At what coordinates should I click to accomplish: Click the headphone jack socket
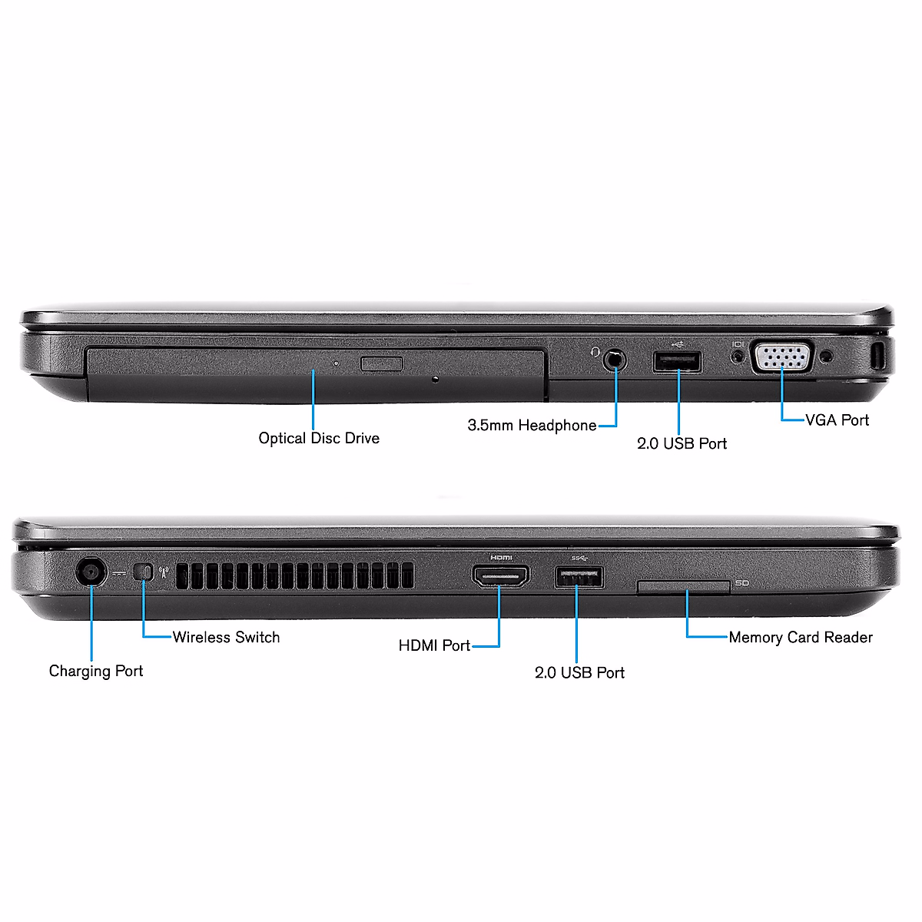click(x=614, y=359)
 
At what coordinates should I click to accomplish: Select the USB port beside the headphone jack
click(x=677, y=361)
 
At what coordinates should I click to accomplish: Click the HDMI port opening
click(x=500, y=576)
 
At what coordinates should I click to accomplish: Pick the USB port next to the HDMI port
click(x=579, y=577)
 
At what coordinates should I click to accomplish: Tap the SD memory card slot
click(x=683, y=588)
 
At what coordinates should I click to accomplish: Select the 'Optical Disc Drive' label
click(x=319, y=439)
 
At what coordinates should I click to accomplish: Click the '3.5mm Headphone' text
click(x=532, y=426)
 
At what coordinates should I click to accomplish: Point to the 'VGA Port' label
click(x=837, y=420)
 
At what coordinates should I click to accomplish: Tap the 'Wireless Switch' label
click(x=226, y=637)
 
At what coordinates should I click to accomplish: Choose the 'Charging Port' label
click(x=96, y=671)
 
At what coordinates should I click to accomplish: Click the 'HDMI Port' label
click(x=434, y=646)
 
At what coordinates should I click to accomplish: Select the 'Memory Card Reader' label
click(x=801, y=637)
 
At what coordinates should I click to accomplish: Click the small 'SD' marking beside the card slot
click(x=741, y=584)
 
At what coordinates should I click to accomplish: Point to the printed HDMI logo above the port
click(x=500, y=557)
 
